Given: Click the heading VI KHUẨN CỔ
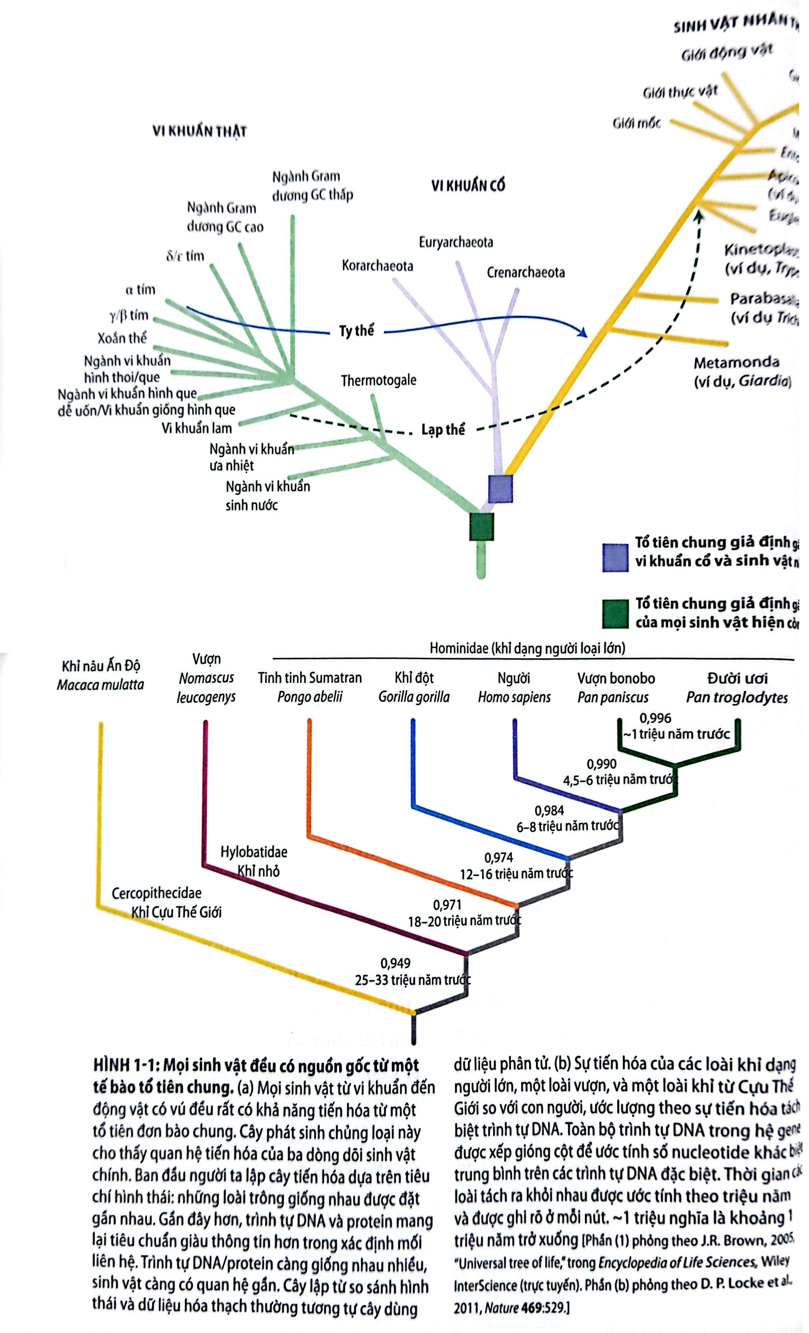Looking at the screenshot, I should point(468,185).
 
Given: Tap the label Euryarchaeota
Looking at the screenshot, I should point(456,242).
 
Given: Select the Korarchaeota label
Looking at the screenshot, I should point(377,266).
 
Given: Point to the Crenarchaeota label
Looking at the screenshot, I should point(526,272).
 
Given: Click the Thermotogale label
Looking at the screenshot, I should point(378,380).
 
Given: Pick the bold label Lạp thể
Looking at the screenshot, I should point(443,430).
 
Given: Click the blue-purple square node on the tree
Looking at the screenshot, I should point(500,488).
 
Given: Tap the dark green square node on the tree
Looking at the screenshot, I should point(481,526).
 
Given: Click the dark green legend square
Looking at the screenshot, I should point(615,613).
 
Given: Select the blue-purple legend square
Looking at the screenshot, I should point(615,557).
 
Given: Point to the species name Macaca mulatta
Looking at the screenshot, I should point(101,685).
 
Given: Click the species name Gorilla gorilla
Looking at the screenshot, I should point(414,697).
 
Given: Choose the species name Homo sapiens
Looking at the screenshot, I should point(514,697).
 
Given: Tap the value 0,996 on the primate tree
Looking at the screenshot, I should point(655,718).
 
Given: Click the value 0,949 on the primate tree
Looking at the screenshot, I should point(395,963).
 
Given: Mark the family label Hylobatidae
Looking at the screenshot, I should point(254,852).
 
